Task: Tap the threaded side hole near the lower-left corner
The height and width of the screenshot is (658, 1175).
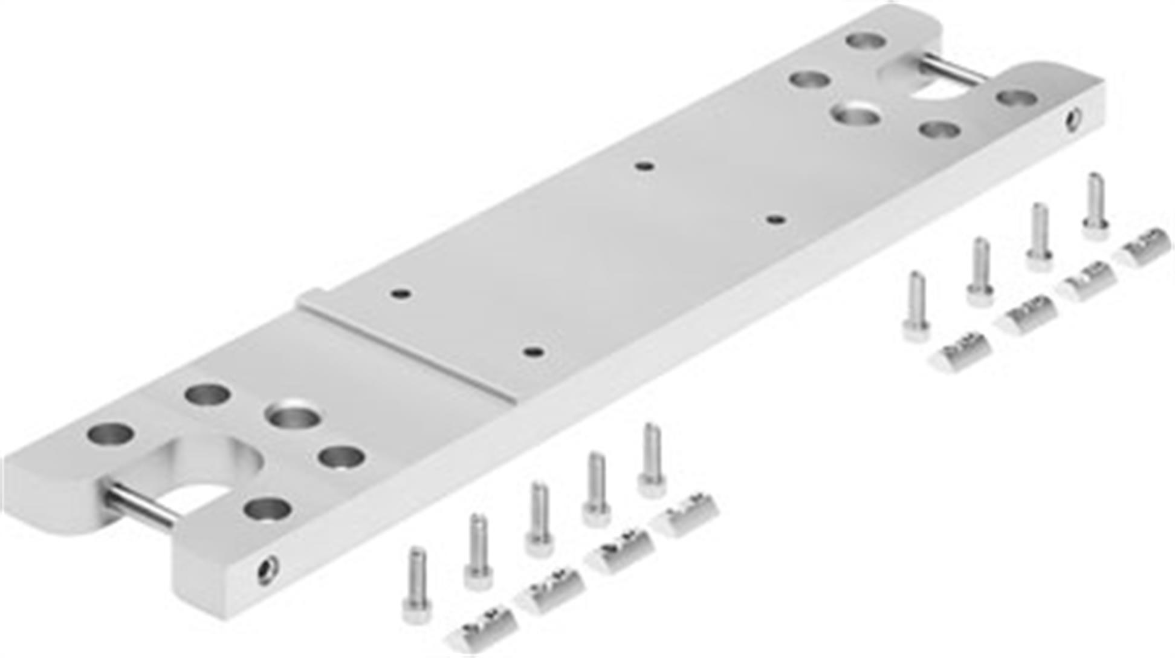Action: pyautogui.click(x=268, y=569)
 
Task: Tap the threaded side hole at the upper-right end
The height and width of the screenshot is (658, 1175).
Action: pyautogui.click(x=1073, y=119)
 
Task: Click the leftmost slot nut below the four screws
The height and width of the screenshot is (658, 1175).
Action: pyautogui.click(x=961, y=352)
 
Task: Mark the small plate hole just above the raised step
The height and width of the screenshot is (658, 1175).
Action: pyautogui.click(x=401, y=294)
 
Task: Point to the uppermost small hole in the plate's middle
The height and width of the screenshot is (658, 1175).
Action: pyautogui.click(x=645, y=165)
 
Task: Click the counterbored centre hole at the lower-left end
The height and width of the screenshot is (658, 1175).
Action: pyautogui.click(x=294, y=416)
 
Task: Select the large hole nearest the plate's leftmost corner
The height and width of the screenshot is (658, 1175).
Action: pyautogui.click(x=110, y=433)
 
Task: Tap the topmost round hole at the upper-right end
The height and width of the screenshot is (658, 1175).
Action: pyautogui.click(x=866, y=41)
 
